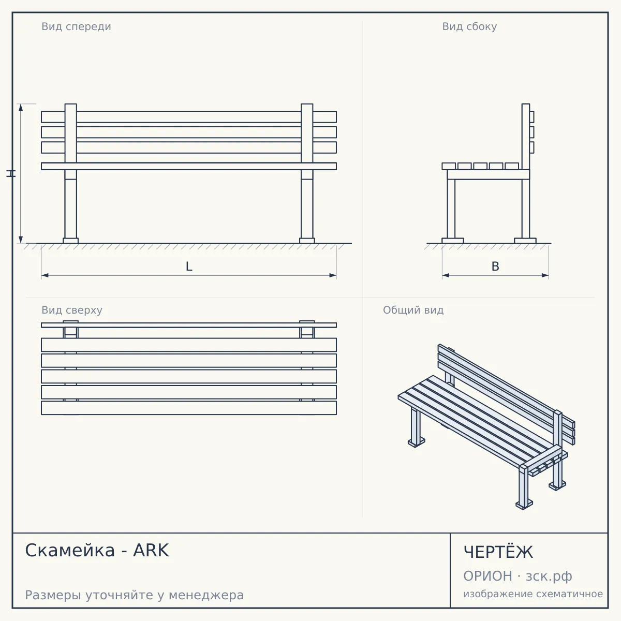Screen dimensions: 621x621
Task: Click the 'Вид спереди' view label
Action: click(76, 27)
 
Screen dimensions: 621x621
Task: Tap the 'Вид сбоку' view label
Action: click(469, 27)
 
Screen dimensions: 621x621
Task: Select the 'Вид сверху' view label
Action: click(72, 310)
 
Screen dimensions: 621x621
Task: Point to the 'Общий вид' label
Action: click(413, 310)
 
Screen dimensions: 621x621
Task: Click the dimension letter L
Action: click(189, 267)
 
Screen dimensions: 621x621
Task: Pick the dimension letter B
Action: click(495, 267)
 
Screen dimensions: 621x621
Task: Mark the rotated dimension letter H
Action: click(11, 174)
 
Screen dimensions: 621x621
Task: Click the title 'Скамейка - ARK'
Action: click(97, 551)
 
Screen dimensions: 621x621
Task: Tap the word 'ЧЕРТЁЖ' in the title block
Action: click(498, 552)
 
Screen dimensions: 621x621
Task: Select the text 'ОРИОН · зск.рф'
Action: click(517, 576)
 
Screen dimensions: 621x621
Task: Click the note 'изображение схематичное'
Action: click(533, 594)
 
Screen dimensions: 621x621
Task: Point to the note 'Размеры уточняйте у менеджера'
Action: click(135, 595)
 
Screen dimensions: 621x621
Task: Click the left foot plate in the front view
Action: click(70, 241)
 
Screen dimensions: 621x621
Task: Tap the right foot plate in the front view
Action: click(307, 241)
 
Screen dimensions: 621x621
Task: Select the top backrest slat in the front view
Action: click(189, 116)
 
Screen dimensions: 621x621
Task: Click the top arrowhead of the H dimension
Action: click(21, 107)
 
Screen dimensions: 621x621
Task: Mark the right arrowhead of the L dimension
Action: click(333, 275)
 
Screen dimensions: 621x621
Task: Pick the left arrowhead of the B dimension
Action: click(446, 275)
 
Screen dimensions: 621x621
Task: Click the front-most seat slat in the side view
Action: click(449, 166)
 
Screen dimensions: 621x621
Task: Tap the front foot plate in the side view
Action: click(453, 241)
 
